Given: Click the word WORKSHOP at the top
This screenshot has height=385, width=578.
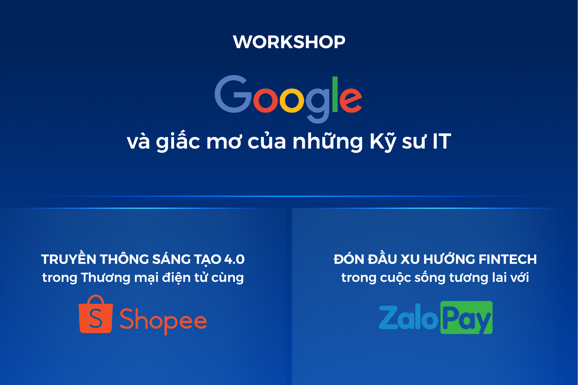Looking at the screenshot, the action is click(289, 42).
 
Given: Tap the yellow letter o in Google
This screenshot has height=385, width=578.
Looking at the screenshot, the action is click(292, 100).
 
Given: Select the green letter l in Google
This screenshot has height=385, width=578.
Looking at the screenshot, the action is click(335, 94).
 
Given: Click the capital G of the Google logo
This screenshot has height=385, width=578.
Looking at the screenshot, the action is click(233, 94).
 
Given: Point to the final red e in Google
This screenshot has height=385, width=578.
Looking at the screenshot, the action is click(351, 100).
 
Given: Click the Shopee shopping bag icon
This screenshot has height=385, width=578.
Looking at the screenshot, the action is click(96, 314).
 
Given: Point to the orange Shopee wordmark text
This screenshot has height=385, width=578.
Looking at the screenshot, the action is click(163, 321).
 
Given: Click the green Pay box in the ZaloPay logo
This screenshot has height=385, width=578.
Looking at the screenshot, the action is click(467, 317).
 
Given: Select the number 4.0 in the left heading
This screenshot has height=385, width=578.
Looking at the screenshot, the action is click(234, 259).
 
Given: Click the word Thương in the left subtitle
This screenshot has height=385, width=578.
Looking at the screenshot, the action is click(106, 278).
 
